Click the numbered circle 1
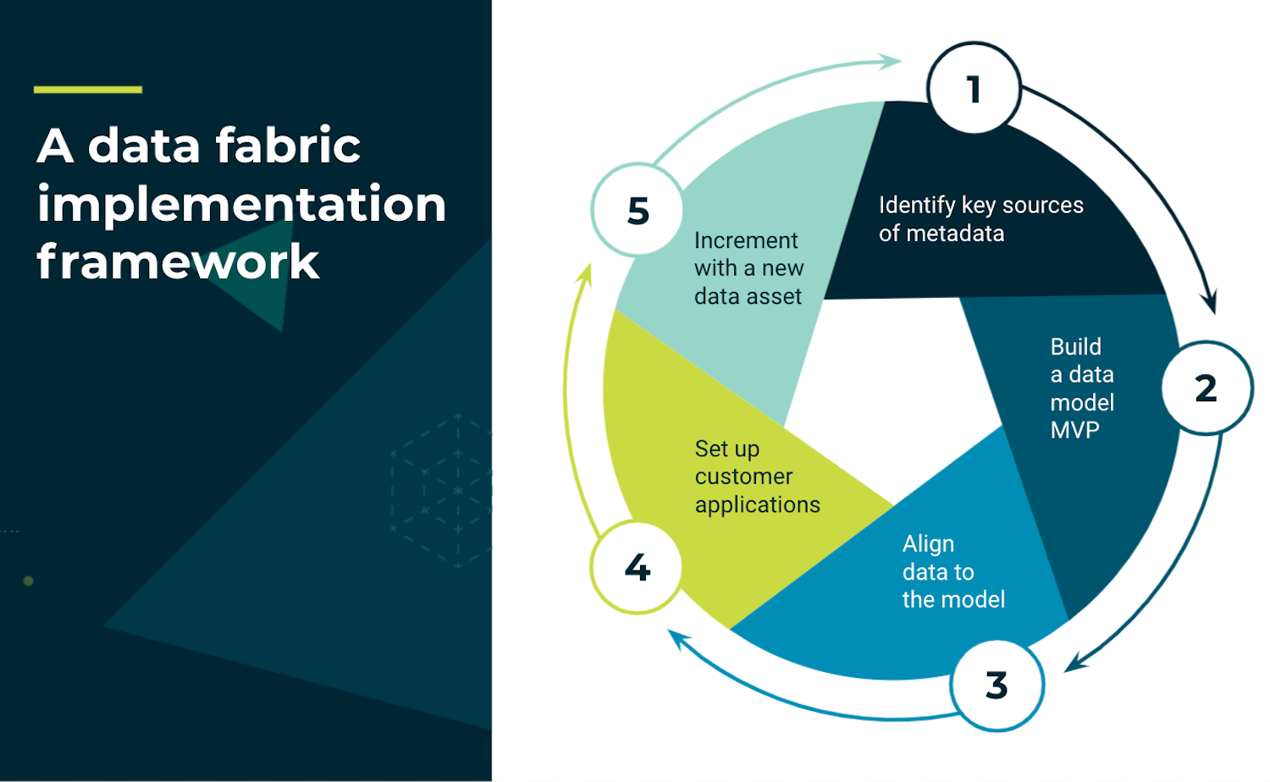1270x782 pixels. [974, 89]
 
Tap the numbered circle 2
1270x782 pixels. [1206, 388]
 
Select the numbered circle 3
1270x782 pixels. [997, 685]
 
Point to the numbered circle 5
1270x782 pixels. [638, 210]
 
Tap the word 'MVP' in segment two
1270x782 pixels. [1074, 430]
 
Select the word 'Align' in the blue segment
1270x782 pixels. [928, 543]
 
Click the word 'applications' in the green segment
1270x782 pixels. [757, 505]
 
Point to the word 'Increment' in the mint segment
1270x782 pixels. [745, 240]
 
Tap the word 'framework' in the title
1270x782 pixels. [178, 262]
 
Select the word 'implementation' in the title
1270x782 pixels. [241, 204]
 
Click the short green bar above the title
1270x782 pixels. [88, 89]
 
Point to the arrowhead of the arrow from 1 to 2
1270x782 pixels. [1212, 303]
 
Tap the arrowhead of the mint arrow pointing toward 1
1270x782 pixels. [891, 61]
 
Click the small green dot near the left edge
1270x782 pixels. [28, 581]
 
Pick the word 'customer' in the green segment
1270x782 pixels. [743, 476]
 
